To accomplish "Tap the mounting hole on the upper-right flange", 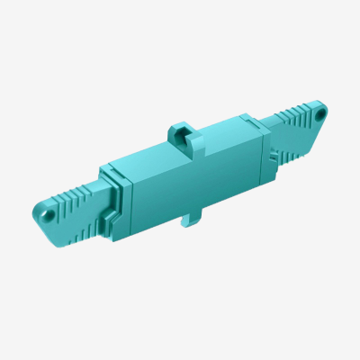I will click(x=318, y=114).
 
